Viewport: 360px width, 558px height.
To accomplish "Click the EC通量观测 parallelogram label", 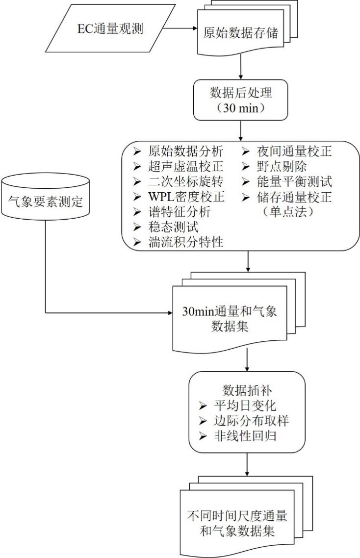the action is coord(110,28).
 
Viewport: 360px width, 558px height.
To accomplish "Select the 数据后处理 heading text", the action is coord(241,93).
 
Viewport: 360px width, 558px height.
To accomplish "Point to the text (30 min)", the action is coord(241,107).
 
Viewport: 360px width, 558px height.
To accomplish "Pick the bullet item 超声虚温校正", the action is coord(185,167).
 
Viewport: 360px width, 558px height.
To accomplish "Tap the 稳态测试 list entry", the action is coord(173,227).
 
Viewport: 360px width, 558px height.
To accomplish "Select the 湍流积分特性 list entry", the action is coord(185,242).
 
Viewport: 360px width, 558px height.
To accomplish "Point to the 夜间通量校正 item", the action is coord(294,151).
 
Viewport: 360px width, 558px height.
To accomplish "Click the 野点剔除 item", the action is coord(282,167).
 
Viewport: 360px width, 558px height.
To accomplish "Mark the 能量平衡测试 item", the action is coord(294,181).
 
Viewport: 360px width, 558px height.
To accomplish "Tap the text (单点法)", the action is coord(288,212).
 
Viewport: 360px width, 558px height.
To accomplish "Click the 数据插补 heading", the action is coord(247,390).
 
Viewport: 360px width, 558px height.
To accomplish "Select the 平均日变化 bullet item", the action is coord(245,406).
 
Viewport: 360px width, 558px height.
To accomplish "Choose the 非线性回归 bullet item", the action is coord(245,435).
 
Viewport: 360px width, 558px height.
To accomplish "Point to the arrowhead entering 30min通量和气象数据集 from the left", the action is coord(170,313).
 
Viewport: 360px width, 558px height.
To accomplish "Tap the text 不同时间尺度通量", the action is coord(237,516).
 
